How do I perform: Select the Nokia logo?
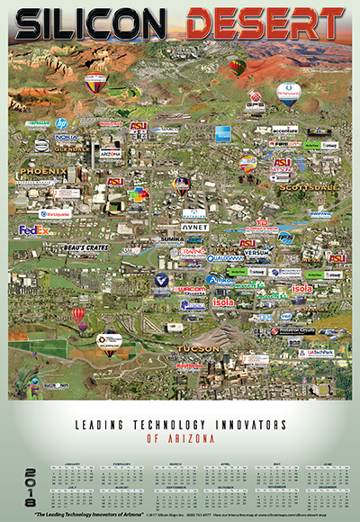[x=66, y=138]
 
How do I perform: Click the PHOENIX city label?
[x=43, y=171]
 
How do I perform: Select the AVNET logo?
[x=194, y=228]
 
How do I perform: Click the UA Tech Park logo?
[x=317, y=353]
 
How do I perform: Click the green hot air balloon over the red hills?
[x=238, y=67]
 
